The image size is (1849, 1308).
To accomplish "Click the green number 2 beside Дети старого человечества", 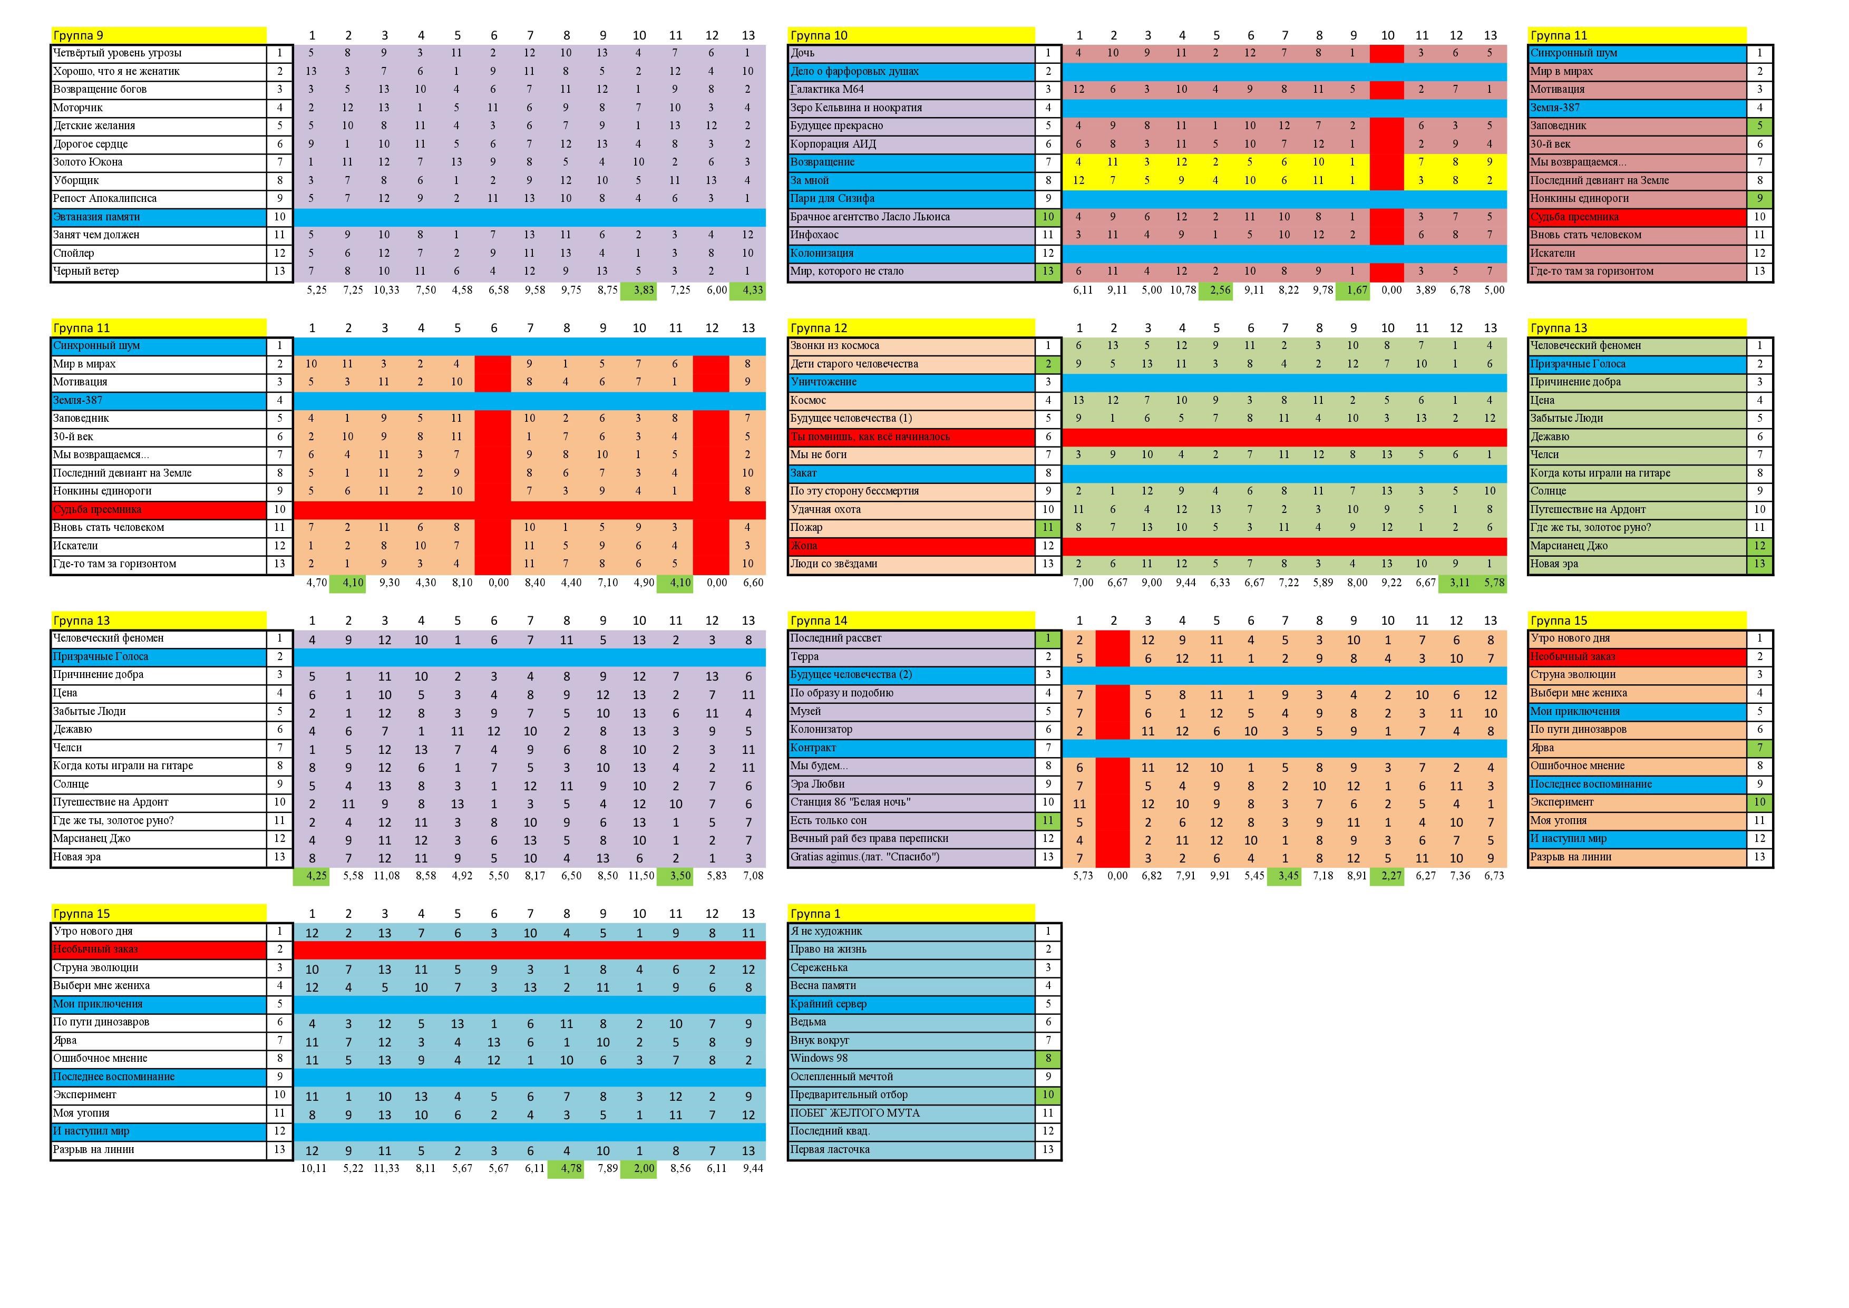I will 1048,364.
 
